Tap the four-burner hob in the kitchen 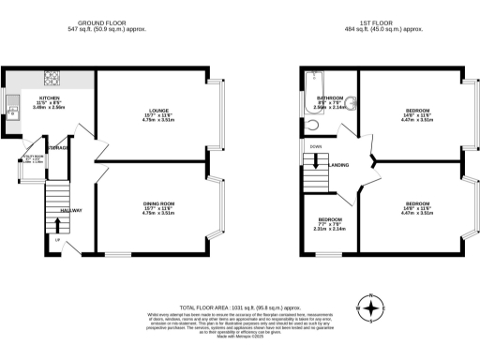tap(55, 79)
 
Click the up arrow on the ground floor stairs tap(58, 240)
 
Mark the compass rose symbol tap(372, 307)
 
